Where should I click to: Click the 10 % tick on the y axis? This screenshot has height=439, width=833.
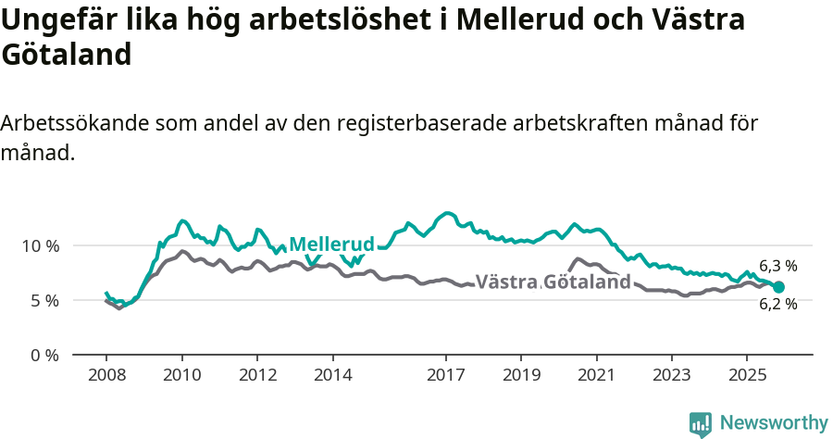click(x=40, y=246)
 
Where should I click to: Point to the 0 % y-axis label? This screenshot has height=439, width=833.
click(x=44, y=356)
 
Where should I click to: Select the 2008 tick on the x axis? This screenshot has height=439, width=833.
click(x=106, y=375)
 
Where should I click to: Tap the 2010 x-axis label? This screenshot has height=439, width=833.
click(x=181, y=375)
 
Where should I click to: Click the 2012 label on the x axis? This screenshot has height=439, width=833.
click(x=257, y=375)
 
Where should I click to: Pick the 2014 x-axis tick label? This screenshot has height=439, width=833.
click(x=332, y=375)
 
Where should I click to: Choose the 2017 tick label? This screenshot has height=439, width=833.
click(x=445, y=375)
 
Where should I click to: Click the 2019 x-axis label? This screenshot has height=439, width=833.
click(x=520, y=375)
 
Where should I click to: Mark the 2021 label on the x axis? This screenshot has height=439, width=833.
click(x=596, y=375)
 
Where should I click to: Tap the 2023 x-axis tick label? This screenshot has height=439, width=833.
click(x=671, y=375)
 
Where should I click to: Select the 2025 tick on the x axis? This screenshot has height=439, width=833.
click(x=746, y=375)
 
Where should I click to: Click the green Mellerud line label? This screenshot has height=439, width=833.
click(x=331, y=245)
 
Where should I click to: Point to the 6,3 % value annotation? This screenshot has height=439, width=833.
click(x=777, y=267)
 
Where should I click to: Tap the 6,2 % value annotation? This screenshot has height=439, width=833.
click(x=777, y=304)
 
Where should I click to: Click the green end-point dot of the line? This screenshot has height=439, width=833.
click(x=778, y=287)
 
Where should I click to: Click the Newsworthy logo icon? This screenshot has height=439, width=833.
click(x=701, y=423)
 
